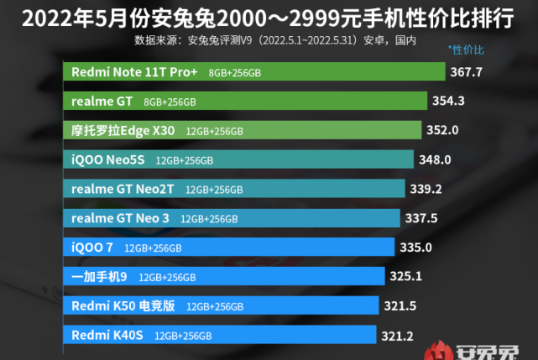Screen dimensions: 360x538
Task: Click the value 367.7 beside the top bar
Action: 467,72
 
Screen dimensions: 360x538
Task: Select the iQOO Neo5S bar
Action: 238,159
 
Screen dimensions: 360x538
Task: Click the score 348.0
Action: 436,159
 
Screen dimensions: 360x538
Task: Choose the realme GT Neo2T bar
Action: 234,189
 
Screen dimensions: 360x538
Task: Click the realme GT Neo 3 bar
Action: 232,218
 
